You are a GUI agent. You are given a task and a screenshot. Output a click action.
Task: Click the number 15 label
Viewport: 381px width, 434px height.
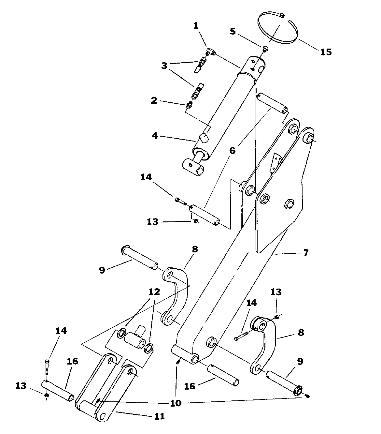326,52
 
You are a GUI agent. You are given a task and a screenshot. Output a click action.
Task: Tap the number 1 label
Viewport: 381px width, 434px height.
196,26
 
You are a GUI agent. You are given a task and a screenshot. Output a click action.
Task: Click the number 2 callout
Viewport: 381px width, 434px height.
154,100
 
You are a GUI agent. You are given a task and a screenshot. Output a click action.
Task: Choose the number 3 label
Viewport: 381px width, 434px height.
164,66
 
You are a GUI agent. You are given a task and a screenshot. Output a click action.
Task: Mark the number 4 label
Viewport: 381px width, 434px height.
155,135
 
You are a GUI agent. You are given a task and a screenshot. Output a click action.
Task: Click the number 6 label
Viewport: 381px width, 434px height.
232,150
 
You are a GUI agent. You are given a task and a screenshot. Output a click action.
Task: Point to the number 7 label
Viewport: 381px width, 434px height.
305,252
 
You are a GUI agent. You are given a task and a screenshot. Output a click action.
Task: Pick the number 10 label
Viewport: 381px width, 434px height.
176,403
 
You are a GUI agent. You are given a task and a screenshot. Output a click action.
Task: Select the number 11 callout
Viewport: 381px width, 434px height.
160,416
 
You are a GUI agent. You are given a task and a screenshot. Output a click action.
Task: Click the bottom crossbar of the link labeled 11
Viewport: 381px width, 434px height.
88,408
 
